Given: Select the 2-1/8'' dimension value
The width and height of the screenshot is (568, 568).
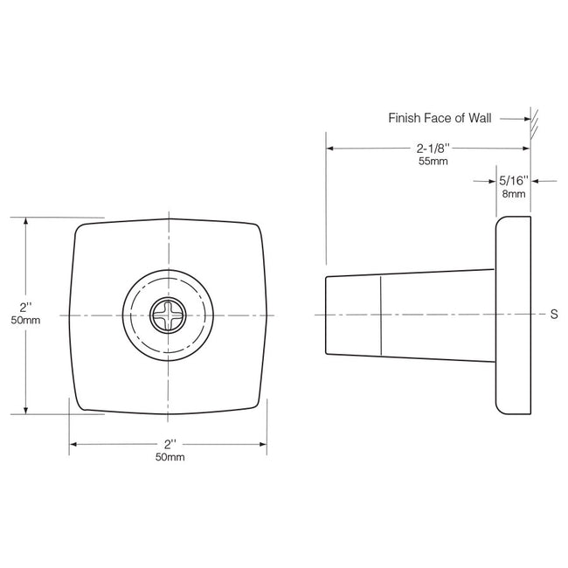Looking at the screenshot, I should point(433,149).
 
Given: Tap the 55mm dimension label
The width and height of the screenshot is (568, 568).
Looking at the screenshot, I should point(433,163).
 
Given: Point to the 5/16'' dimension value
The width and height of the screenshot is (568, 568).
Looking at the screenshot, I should point(514,181).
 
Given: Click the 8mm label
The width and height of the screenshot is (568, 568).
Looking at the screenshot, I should point(514,194).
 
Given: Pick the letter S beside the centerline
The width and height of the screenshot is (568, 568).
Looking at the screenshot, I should point(554,315).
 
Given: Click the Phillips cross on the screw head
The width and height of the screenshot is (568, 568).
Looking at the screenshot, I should point(168,315).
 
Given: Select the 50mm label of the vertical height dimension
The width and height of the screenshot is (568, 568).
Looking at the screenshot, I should point(25,321).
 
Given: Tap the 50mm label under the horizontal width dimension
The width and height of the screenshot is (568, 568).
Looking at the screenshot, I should point(170,457).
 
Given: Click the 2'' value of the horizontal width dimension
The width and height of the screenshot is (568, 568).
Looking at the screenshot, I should point(170,444).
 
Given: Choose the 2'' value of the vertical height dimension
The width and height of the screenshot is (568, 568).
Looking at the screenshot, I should point(25,308).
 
